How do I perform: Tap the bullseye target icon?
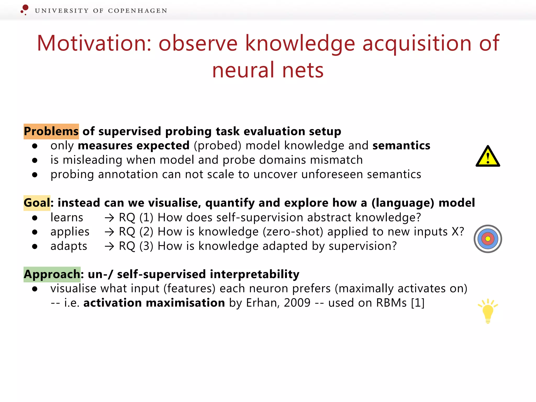(x=488, y=239)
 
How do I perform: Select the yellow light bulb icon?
(x=488, y=311)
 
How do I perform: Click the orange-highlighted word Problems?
(x=51, y=131)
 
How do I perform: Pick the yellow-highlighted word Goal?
(x=37, y=203)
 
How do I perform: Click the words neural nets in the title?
(x=268, y=70)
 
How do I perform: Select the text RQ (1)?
(x=136, y=217)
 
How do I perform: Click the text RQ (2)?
(x=136, y=232)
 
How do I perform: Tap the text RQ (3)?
(x=136, y=246)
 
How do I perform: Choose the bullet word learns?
(x=67, y=217)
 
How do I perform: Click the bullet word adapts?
(x=69, y=246)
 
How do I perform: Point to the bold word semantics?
(x=401, y=146)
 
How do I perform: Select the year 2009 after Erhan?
(x=297, y=303)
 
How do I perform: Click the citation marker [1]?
(x=417, y=303)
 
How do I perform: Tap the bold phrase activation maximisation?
(x=154, y=303)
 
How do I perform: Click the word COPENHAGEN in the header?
(x=137, y=11)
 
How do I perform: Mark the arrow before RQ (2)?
(x=109, y=232)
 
